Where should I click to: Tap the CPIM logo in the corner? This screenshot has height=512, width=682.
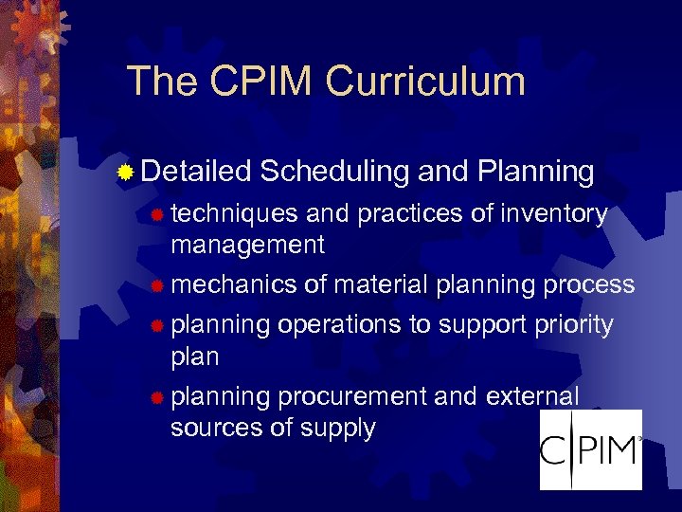[590, 449]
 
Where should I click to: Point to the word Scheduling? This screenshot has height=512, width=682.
[334, 173]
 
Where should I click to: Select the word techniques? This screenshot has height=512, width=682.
[233, 215]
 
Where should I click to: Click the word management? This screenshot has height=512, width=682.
[247, 245]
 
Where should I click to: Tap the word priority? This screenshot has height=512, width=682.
[573, 325]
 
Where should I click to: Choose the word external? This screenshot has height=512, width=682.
[531, 396]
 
